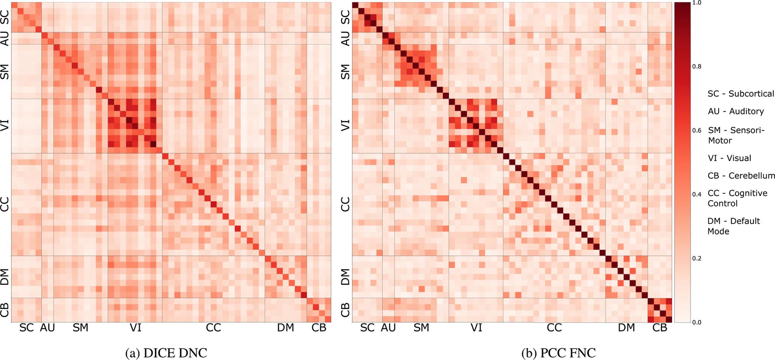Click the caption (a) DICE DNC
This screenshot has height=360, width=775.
point(166,353)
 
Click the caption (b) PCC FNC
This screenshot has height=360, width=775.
point(559,353)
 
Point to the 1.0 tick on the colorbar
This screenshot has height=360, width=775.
point(696,3)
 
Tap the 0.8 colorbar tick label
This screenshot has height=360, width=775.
point(696,67)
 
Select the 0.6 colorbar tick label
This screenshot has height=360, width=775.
point(696,131)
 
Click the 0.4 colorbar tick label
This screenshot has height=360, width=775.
point(696,195)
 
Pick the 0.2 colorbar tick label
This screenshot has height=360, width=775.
point(696,259)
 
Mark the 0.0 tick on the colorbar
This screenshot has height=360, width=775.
point(696,323)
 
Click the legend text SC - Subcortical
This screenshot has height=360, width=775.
point(741,94)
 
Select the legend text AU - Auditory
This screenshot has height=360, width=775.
point(736,111)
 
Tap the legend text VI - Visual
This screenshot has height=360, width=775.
point(729,158)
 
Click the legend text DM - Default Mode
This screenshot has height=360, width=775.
point(733,226)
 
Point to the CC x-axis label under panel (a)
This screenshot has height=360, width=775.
point(213,328)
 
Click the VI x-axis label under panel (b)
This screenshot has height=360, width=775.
point(476,328)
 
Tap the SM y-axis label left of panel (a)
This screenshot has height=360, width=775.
point(5,72)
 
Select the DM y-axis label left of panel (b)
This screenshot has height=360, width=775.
point(345,277)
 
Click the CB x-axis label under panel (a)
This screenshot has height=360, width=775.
point(319,328)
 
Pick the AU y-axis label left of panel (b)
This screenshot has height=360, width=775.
point(345,38)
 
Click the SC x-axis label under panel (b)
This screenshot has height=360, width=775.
point(367,328)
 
